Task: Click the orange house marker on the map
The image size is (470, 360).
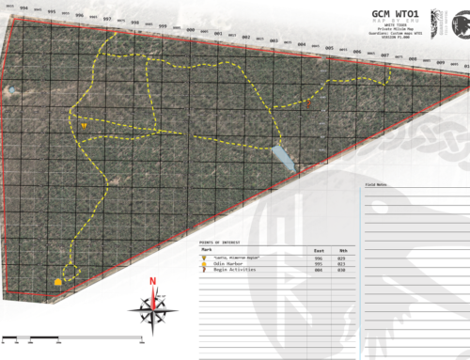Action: (59, 280)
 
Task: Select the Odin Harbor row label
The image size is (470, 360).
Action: (221, 264)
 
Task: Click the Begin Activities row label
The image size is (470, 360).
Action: (225, 272)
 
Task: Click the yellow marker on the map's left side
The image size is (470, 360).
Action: (84, 124)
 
